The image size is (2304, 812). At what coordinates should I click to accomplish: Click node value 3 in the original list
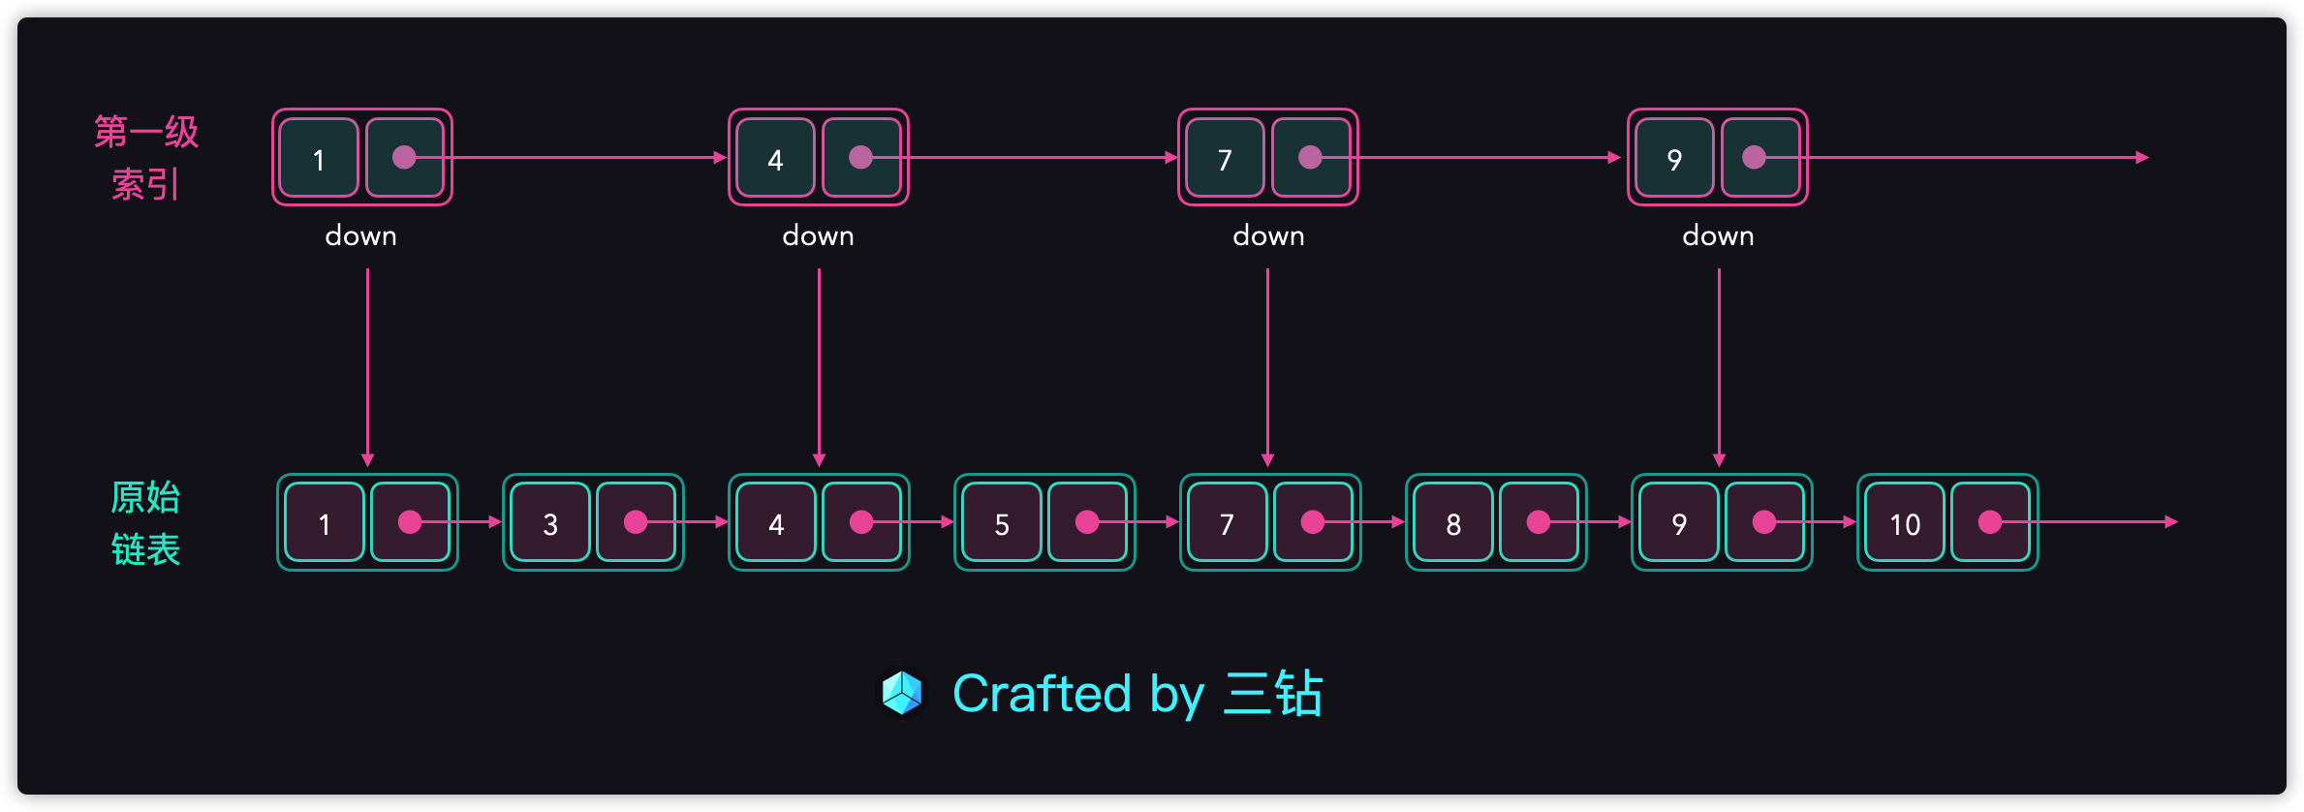click(549, 523)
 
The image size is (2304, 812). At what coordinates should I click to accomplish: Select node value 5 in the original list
click(1002, 523)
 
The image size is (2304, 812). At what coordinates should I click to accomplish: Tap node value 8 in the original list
click(1453, 523)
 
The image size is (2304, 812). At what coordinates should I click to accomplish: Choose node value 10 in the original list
click(1905, 523)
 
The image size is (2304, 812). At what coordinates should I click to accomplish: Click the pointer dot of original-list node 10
click(1990, 522)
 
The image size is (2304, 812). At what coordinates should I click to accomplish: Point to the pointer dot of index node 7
click(1310, 157)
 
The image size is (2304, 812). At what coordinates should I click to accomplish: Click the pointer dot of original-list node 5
click(1087, 522)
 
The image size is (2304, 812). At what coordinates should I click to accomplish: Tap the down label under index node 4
click(819, 235)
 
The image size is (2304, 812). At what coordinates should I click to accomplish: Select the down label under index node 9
click(1718, 235)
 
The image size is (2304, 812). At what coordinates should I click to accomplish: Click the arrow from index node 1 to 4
click(581, 157)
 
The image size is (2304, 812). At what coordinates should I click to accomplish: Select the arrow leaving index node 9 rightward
click(1977, 157)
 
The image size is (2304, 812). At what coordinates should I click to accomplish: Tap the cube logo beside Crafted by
click(902, 694)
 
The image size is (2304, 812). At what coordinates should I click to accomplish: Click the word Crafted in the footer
click(1042, 694)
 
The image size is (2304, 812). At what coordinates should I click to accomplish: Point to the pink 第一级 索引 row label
click(146, 157)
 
